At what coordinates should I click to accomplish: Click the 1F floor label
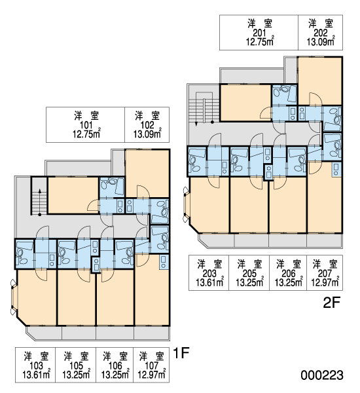click(181, 353)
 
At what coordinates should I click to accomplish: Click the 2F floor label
click(331, 303)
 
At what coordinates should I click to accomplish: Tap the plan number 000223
click(322, 375)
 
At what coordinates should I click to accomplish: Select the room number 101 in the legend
click(86, 125)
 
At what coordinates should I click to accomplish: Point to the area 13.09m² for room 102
click(147, 134)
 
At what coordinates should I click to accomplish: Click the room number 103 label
click(36, 365)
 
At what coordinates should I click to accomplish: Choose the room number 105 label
click(76, 365)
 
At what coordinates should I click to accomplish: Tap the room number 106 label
click(115, 365)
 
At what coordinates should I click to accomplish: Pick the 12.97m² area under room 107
click(152, 375)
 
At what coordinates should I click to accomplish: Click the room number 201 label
click(260, 33)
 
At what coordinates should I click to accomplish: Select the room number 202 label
click(321, 33)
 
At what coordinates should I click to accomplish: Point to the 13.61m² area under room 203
click(209, 282)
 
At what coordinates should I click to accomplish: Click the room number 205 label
click(249, 273)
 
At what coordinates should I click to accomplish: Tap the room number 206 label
click(289, 273)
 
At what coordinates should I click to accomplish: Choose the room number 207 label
click(325, 273)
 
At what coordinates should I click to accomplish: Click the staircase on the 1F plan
click(39, 196)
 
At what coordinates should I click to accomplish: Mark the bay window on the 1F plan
click(14, 297)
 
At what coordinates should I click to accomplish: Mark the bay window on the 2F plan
click(187, 204)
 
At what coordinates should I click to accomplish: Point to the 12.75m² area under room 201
click(260, 41)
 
